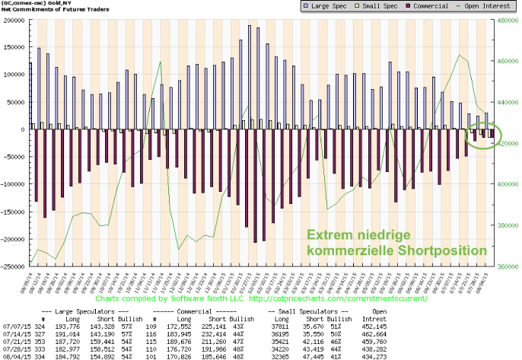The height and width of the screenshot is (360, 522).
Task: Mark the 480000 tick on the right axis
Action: (508, 21)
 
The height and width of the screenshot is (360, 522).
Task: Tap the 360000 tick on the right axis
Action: (508, 266)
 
